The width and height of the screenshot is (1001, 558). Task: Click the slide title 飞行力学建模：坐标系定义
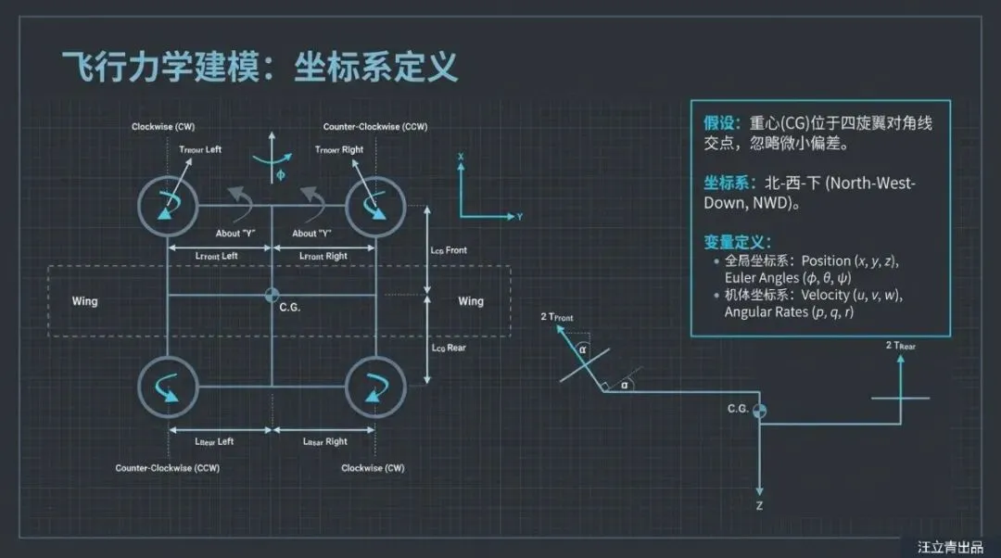click(260, 67)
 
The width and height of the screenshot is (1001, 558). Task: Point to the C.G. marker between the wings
click(272, 295)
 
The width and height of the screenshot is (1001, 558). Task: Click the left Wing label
click(84, 301)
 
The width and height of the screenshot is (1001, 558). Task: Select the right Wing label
click(471, 301)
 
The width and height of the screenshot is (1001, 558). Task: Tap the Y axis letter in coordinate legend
click(520, 216)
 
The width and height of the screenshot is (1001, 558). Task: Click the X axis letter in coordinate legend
click(461, 158)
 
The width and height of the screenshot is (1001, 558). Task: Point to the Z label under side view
click(759, 506)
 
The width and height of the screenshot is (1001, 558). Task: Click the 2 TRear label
click(901, 346)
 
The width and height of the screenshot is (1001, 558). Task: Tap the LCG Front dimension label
click(450, 250)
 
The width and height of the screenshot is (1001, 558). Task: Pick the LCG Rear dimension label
click(449, 348)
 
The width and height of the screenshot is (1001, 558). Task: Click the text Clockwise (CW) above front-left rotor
click(163, 126)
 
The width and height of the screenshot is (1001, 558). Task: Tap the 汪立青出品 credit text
click(949, 547)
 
